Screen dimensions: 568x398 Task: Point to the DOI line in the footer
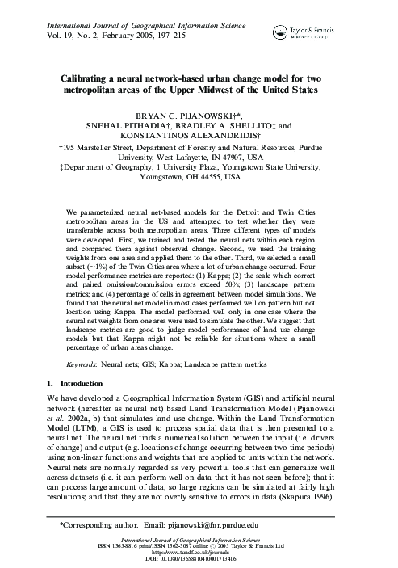(x=199, y=558)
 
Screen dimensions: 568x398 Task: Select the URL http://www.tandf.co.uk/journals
(x=199, y=552)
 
